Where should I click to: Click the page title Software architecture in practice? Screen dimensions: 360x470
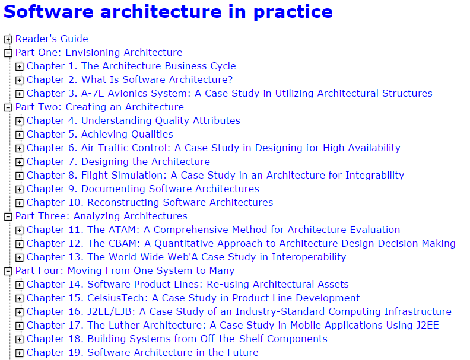pyautogui.click(x=168, y=11)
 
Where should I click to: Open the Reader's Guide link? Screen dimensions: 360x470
pyautogui.click(x=52, y=39)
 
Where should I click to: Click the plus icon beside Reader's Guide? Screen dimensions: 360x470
pyautogui.click(x=8, y=39)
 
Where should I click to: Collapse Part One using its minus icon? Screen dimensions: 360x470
pyautogui.click(x=8, y=53)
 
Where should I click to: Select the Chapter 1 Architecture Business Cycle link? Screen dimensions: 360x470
pyautogui.click(x=131, y=66)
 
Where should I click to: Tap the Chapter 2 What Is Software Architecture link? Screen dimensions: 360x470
pyautogui.click(x=129, y=80)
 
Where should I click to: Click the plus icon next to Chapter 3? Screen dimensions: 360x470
pyautogui.click(x=20, y=94)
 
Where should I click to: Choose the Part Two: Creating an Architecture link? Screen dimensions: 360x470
pyautogui.click(x=99, y=107)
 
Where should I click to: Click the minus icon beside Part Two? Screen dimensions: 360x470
pyautogui.click(x=8, y=107)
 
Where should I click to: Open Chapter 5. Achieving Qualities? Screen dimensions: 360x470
pyautogui.click(x=100, y=135)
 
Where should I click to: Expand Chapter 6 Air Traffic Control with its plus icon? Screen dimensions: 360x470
pyautogui.click(x=20, y=148)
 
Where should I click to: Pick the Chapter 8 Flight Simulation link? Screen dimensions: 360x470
pyautogui.click(x=215, y=176)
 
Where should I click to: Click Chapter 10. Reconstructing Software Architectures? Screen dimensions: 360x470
pyautogui.click(x=150, y=203)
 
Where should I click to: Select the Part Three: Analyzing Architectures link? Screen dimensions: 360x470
pyautogui.click(x=101, y=216)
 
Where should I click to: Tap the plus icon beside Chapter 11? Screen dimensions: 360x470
pyautogui.click(x=20, y=230)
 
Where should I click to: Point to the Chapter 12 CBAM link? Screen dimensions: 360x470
pyautogui.click(x=241, y=244)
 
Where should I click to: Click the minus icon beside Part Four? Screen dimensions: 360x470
pyautogui.click(x=8, y=271)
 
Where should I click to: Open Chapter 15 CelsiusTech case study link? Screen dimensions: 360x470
pyautogui.click(x=193, y=298)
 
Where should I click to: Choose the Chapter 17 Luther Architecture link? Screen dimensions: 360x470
pyautogui.click(x=233, y=326)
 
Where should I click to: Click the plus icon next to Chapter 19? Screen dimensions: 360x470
pyautogui.click(x=20, y=353)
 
